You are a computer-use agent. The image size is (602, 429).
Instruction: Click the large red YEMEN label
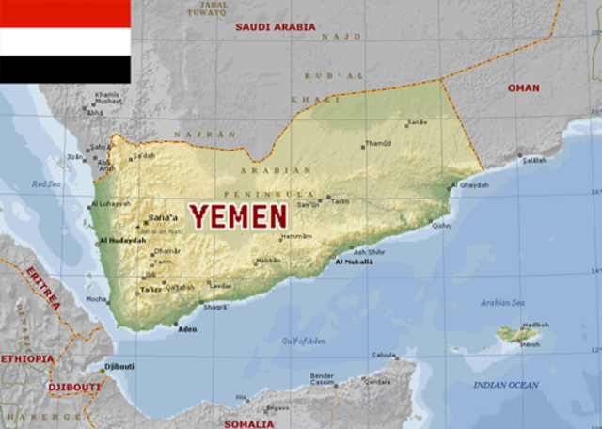point(238,216)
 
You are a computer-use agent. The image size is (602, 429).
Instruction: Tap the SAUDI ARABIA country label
point(276,26)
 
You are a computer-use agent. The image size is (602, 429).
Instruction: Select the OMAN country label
point(524,87)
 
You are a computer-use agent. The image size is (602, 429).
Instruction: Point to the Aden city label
point(187,330)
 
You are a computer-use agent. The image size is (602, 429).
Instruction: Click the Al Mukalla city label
point(355,262)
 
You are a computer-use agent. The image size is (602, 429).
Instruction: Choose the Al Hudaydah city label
point(122,241)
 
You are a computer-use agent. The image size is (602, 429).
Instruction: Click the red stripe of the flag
point(65,13)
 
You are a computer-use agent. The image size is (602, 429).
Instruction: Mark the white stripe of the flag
point(65,41)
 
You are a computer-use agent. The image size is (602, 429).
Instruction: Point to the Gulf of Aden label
point(304,340)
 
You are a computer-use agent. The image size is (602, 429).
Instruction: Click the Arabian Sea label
point(502,303)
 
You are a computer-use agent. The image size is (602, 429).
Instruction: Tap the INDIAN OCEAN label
point(506,385)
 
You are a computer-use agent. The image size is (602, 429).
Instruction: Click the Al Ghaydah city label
point(469,185)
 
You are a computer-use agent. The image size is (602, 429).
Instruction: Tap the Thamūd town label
point(378,144)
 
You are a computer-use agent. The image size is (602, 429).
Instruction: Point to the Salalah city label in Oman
point(534,160)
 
